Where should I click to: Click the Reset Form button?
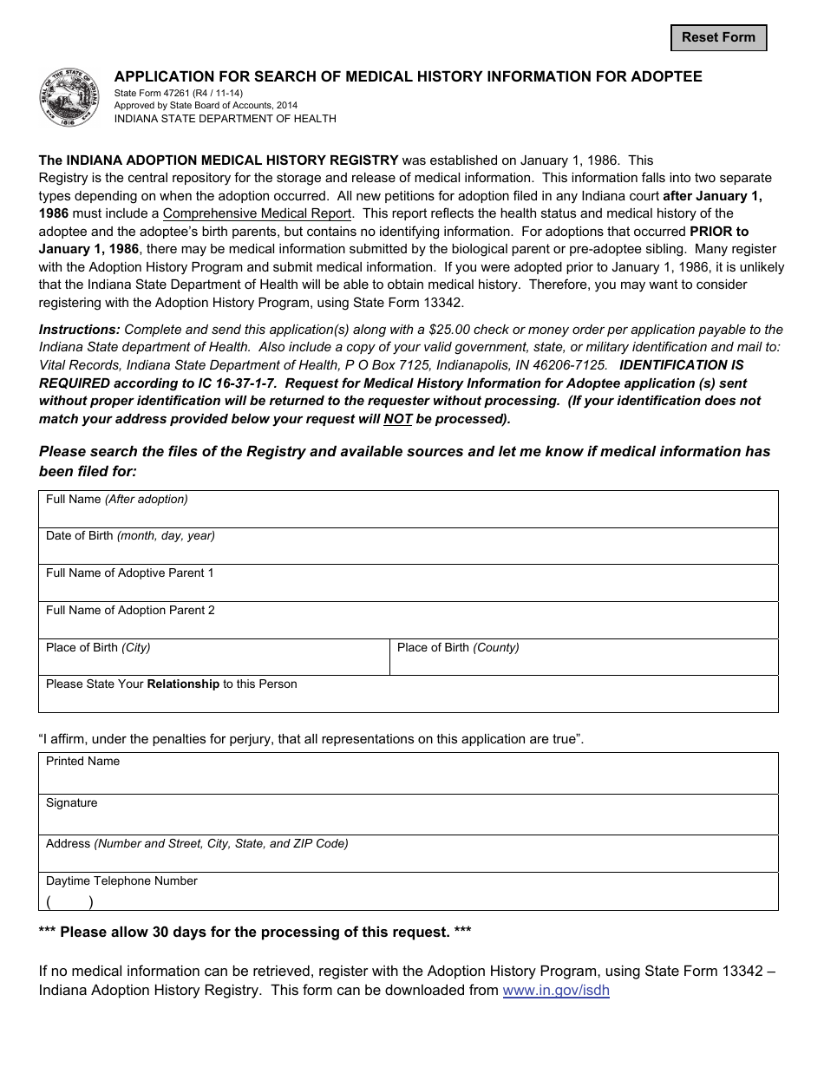click(x=718, y=37)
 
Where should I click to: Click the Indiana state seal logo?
click(x=69, y=98)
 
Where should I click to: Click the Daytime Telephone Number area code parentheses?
click(x=69, y=902)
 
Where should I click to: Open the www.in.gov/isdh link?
click(x=556, y=991)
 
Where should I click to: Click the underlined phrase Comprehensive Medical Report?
click(x=257, y=213)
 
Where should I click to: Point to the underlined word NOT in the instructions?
click(x=397, y=419)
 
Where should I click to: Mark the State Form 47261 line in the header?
click(x=179, y=93)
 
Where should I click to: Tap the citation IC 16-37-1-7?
click(x=233, y=383)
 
